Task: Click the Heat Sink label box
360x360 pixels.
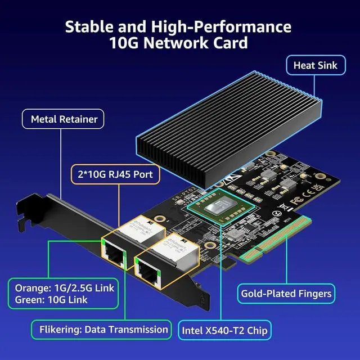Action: (315, 65)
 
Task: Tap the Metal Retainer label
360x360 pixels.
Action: (64, 119)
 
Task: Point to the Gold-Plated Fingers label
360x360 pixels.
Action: (286, 293)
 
